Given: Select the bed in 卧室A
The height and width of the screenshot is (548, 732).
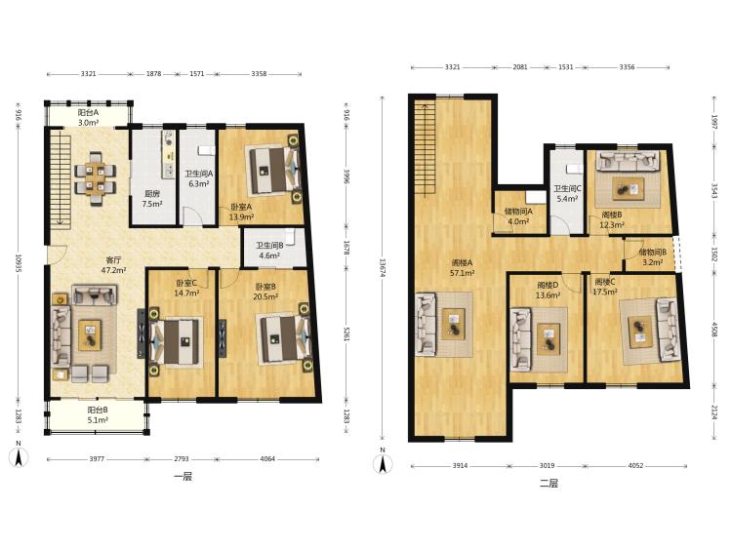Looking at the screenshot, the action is tap(268, 170).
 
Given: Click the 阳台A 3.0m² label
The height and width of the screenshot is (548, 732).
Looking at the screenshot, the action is tap(88, 118).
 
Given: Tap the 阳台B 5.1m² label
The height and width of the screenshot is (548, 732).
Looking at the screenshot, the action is tap(98, 415).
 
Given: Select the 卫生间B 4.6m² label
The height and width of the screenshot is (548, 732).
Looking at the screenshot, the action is tap(269, 251).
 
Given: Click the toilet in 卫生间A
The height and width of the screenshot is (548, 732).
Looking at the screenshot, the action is tap(206, 150).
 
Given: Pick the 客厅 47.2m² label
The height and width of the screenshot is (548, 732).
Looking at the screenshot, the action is tap(114, 264).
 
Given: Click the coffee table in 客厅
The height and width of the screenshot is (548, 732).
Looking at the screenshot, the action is tap(90, 334).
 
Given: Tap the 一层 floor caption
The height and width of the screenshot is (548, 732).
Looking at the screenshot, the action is tap(183, 477).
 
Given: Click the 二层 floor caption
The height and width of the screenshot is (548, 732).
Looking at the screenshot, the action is tap(549, 484).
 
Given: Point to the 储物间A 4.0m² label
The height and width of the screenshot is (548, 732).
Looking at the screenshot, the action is tap(518, 216).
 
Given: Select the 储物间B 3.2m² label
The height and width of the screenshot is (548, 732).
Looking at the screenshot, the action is tap(653, 257).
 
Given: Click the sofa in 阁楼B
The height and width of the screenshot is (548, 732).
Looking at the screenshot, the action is tap(629, 161).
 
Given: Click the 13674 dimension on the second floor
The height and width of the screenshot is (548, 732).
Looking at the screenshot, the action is tap(383, 268).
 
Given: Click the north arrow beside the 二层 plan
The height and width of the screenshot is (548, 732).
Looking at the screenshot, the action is tap(383, 462).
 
